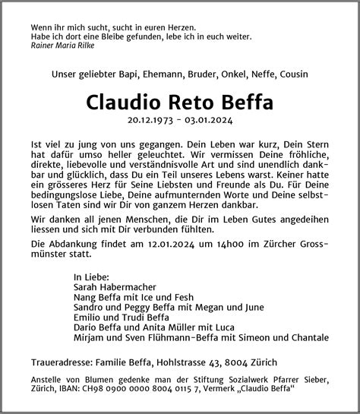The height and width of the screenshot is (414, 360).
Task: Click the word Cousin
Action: [294, 75]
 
